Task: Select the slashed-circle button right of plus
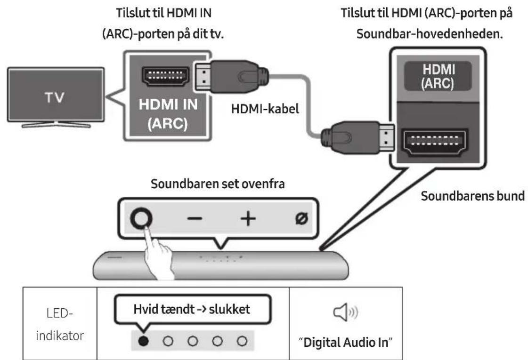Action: pyautogui.click(x=299, y=219)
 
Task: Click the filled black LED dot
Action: pyautogui.click(x=143, y=340)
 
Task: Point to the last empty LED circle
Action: pyautogui.click(x=242, y=340)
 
